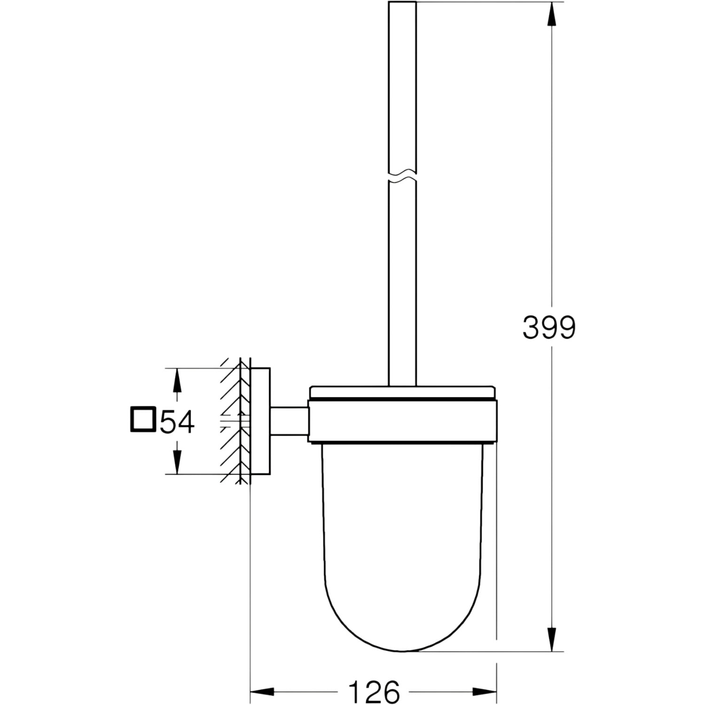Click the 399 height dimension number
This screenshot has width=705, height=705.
[549, 328]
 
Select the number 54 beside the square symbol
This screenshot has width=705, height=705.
[177, 421]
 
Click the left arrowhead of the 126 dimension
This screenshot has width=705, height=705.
[262, 692]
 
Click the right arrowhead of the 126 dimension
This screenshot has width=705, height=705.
[485, 692]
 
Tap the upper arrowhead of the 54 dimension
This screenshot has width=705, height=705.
[177, 380]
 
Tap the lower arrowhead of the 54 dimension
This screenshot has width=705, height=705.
[177, 462]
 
